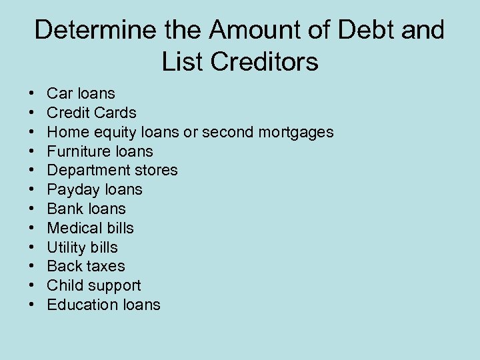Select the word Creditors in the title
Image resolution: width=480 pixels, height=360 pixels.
(267, 62)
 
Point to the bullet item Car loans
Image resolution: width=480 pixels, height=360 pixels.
(81, 93)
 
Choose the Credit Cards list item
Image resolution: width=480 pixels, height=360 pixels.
(91, 113)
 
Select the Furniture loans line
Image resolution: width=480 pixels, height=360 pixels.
(100, 151)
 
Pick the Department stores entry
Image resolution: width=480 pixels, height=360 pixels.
(112, 170)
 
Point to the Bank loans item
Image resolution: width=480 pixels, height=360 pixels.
(86, 209)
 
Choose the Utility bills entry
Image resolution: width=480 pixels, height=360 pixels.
(82, 247)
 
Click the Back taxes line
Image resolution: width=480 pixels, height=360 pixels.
(85, 266)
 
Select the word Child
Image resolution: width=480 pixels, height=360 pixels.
(63, 285)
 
